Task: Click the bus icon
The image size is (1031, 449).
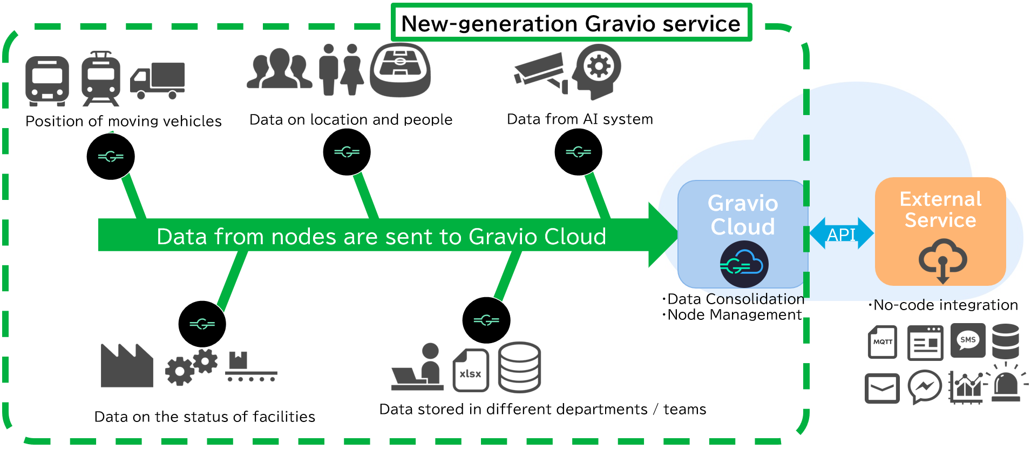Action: pyautogui.click(x=47, y=81)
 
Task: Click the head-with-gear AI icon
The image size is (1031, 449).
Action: pyautogui.click(x=597, y=71)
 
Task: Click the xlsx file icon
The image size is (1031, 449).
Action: pyautogui.click(x=470, y=370)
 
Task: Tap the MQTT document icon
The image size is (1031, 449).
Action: pyautogui.click(x=882, y=341)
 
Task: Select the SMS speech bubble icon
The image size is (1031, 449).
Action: pyautogui.click(x=967, y=340)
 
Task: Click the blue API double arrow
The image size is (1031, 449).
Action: pyautogui.click(x=841, y=233)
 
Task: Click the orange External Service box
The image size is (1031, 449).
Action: pyautogui.click(x=940, y=231)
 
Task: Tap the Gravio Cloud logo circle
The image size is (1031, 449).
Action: pyautogui.click(x=744, y=265)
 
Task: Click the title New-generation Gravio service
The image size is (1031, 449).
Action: pyautogui.click(x=571, y=23)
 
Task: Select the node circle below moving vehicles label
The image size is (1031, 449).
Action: pyautogui.click(x=111, y=157)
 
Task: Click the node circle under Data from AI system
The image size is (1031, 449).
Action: pyautogui.click(x=578, y=152)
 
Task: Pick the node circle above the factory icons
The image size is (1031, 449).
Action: pyautogui.click(x=202, y=324)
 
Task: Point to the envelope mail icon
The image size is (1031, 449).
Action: pyautogui.click(x=881, y=388)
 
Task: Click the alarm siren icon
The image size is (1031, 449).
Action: pyautogui.click(x=1006, y=385)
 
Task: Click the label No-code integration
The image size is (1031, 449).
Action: pyautogui.click(x=945, y=305)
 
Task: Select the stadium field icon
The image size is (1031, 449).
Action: pyautogui.click(x=400, y=70)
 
